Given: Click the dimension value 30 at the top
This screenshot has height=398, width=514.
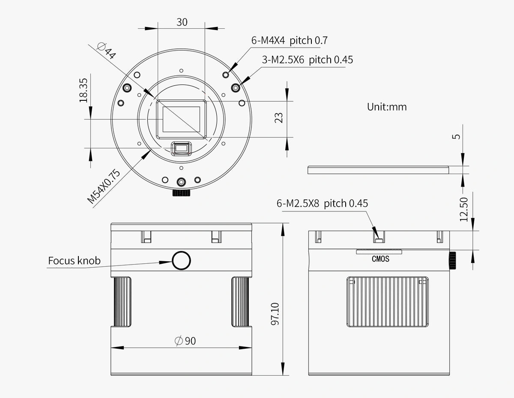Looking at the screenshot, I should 182,22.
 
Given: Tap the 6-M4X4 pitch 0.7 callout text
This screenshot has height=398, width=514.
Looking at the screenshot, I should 290,41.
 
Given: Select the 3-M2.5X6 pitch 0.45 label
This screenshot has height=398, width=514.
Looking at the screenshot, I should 308,60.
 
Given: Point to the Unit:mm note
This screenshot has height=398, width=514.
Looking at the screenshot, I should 386,107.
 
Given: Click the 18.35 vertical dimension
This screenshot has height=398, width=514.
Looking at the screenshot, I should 84,90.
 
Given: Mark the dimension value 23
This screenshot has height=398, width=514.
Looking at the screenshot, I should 279,118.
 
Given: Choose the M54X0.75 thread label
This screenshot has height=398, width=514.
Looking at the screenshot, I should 104,186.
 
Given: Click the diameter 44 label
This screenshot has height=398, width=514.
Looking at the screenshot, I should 106,50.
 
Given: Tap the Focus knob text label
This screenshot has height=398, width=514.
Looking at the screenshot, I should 74,260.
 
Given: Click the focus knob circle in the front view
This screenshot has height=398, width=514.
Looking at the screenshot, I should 181,260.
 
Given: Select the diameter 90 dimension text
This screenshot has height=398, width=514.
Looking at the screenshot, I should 185,341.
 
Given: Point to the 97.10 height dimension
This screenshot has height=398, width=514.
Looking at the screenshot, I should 275,314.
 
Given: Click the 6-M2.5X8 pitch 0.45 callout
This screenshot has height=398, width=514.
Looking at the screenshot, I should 322,203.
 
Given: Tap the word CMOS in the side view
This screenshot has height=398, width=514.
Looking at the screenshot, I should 380,259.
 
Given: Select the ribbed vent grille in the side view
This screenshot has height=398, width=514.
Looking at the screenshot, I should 388,302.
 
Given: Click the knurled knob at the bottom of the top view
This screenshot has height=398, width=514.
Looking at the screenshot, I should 181,193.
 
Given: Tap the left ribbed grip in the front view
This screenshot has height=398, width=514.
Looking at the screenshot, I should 122,302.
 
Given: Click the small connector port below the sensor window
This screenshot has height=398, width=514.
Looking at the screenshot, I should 181,148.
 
